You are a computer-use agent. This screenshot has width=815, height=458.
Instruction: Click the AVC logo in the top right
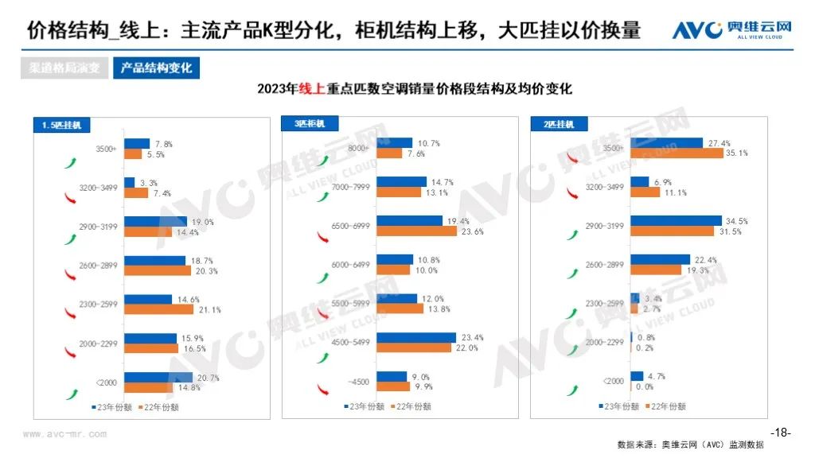click(x=732, y=30)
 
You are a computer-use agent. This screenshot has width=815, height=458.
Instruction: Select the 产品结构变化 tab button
click(x=156, y=68)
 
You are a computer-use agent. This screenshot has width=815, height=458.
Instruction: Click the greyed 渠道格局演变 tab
click(x=65, y=68)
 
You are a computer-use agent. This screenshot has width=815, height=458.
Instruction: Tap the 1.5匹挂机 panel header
click(x=62, y=125)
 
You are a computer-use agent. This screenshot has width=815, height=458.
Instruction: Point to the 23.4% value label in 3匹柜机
click(x=471, y=336)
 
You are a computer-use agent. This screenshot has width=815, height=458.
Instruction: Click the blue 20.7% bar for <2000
click(x=158, y=377)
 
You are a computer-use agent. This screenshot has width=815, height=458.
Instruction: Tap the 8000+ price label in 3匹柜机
click(x=356, y=148)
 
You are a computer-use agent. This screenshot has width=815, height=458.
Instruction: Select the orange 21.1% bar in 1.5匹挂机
click(x=159, y=309)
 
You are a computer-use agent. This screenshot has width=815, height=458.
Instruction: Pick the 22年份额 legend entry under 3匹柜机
click(x=411, y=406)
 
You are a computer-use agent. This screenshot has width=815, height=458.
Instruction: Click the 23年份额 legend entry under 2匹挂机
click(x=620, y=406)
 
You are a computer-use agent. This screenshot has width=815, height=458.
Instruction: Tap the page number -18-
click(x=781, y=433)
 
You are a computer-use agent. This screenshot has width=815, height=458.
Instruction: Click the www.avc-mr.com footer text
click(x=64, y=434)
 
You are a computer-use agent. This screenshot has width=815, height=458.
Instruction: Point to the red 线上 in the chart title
click(x=310, y=89)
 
